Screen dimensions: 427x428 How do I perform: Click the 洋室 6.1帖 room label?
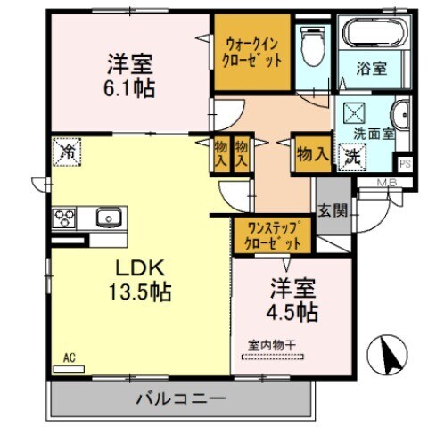[x=130, y=76]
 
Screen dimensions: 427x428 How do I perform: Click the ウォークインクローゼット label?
[x=254, y=52]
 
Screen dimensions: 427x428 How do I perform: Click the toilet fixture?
[x=313, y=45]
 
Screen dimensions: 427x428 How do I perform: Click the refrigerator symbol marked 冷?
[x=65, y=152]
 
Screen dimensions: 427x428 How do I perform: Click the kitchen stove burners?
[x=65, y=217]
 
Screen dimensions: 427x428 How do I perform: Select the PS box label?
[x=404, y=164]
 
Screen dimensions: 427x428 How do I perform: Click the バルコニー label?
[x=181, y=398]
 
